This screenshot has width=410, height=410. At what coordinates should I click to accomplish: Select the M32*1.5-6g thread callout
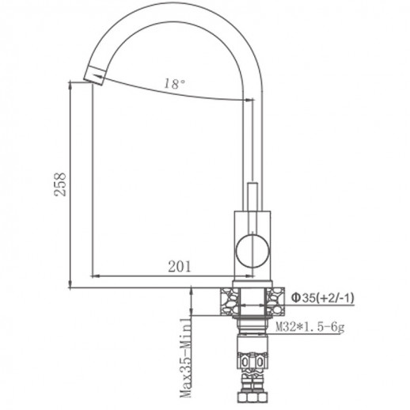point(311,325)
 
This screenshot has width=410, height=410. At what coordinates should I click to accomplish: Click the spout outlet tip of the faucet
point(93,76)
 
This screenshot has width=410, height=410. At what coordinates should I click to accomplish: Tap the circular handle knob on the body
point(252,248)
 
